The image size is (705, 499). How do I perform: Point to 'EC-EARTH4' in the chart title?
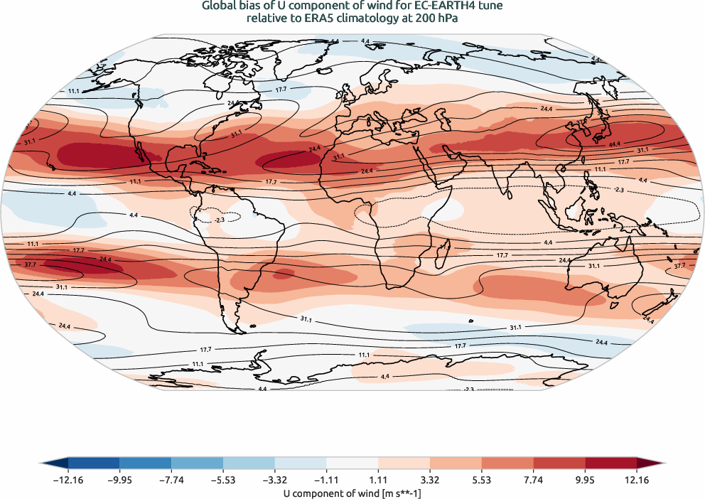[x=445, y=6]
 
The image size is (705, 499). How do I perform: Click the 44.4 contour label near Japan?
[x=614, y=144]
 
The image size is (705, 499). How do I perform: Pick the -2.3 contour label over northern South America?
[x=219, y=220]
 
